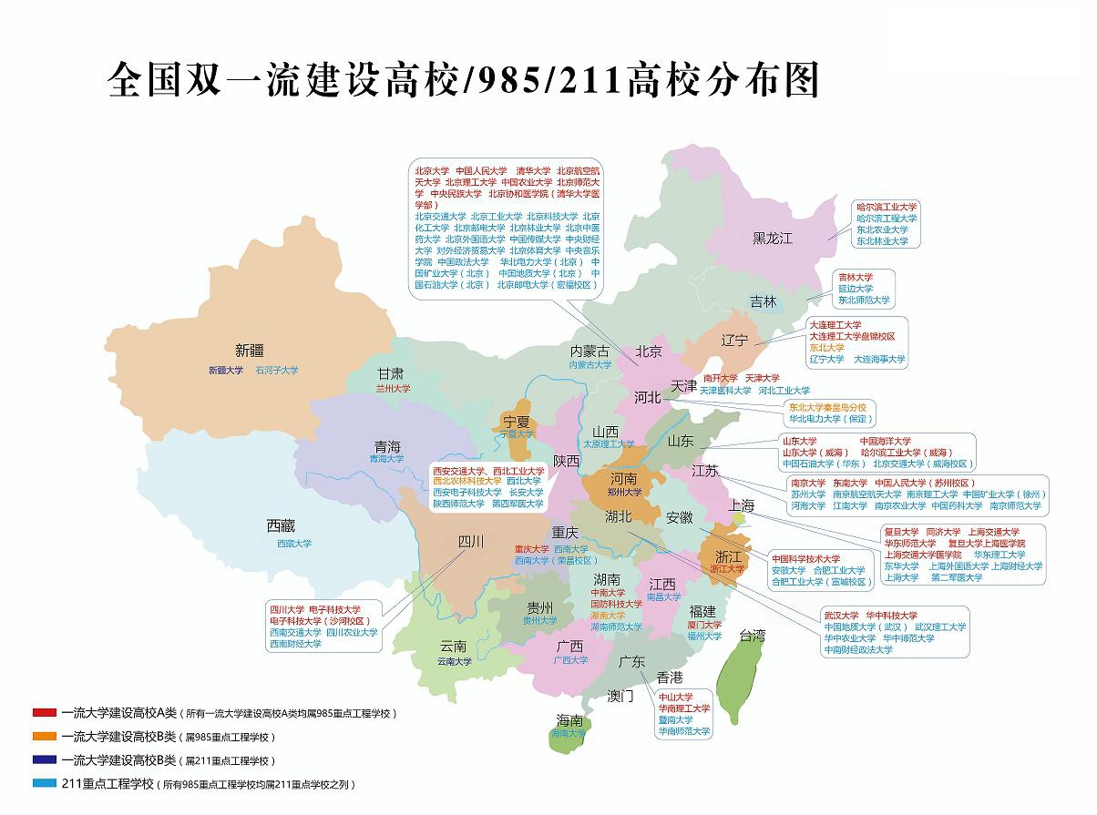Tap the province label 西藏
click(x=281, y=525)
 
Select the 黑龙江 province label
click(x=773, y=239)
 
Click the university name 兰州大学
click(x=393, y=388)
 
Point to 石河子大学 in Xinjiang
click(x=276, y=371)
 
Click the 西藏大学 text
click(x=293, y=544)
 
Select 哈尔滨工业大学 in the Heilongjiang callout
click(x=887, y=208)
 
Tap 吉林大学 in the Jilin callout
click(x=855, y=277)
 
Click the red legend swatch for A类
click(x=44, y=713)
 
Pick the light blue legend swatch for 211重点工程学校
click(x=44, y=783)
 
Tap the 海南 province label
click(x=569, y=720)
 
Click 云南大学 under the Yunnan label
click(x=454, y=662)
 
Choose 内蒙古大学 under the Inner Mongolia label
click(x=590, y=365)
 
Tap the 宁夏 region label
click(x=517, y=422)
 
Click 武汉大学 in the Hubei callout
click(x=841, y=615)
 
